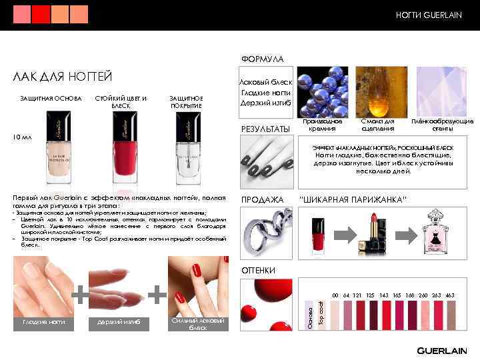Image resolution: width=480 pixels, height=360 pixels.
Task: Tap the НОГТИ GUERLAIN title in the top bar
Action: [x=429, y=15]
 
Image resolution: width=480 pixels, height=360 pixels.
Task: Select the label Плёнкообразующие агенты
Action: [x=442, y=125]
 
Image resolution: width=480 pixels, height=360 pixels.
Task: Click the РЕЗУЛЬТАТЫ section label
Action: [x=265, y=129]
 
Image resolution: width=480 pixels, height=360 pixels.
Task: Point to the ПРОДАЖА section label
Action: [x=262, y=199]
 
